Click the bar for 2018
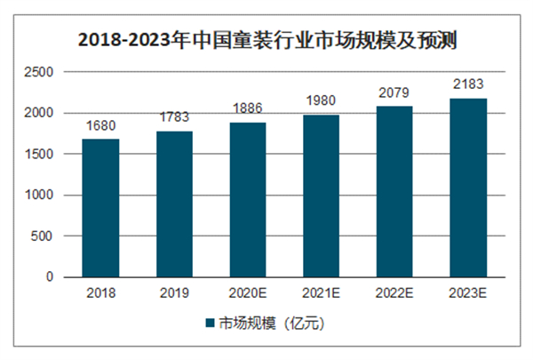100,208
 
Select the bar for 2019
174,204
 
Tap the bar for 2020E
248,200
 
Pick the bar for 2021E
322,196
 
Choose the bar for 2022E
394,192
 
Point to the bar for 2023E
467,188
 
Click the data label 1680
100,126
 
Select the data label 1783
174,118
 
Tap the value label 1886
248,109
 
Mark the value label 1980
322,102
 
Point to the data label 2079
394,93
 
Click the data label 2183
467,85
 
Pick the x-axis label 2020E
248,292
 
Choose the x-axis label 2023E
467,292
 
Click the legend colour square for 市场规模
211,324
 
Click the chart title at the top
267,40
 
